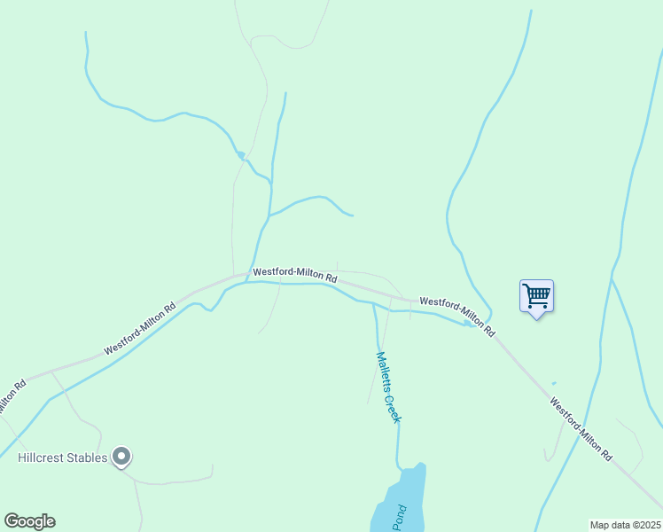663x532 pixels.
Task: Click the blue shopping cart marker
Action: coord(536,296)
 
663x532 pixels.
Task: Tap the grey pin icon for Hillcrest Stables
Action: coord(122,458)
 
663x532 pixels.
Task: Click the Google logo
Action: coord(29,521)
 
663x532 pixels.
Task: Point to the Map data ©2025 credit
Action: coord(625,525)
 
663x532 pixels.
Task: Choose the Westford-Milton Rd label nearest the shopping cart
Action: coord(456,316)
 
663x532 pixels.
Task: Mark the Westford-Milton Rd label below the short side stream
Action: coord(294,275)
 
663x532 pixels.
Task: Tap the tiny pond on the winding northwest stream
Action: coord(239,155)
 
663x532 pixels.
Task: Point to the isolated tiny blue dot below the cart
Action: coord(554,383)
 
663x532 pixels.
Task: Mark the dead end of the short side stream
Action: coord(353,215)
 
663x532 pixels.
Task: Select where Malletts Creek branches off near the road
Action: coord(373,304)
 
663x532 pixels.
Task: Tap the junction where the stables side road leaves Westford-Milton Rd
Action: coord(52,370)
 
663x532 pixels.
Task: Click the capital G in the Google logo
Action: coord(11,521)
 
